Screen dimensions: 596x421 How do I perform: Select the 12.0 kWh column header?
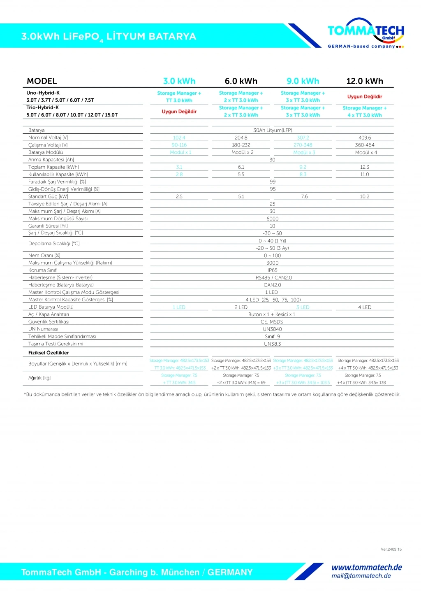364,81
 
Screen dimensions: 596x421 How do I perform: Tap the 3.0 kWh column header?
179,81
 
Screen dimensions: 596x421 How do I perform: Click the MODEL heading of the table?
42,81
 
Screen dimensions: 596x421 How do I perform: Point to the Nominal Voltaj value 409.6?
364,138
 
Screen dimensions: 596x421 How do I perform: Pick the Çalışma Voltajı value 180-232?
241,145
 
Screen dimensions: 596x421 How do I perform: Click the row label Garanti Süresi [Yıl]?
48,226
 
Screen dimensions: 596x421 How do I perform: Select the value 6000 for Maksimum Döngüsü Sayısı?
272,219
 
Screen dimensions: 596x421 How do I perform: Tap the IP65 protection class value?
272,270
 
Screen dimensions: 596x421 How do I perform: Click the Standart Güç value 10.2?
364,197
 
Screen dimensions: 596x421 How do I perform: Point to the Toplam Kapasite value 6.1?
241,167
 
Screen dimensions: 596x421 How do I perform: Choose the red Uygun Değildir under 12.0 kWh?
364,97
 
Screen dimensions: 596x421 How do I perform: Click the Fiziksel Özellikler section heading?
49,353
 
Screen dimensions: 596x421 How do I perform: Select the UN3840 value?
272,329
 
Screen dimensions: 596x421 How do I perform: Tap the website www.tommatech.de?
367,568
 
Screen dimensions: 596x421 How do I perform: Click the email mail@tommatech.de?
361,576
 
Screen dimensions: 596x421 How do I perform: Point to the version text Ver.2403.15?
391,549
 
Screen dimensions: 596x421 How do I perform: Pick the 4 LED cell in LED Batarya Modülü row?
364,307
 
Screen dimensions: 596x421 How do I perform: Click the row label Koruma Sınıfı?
43,270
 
